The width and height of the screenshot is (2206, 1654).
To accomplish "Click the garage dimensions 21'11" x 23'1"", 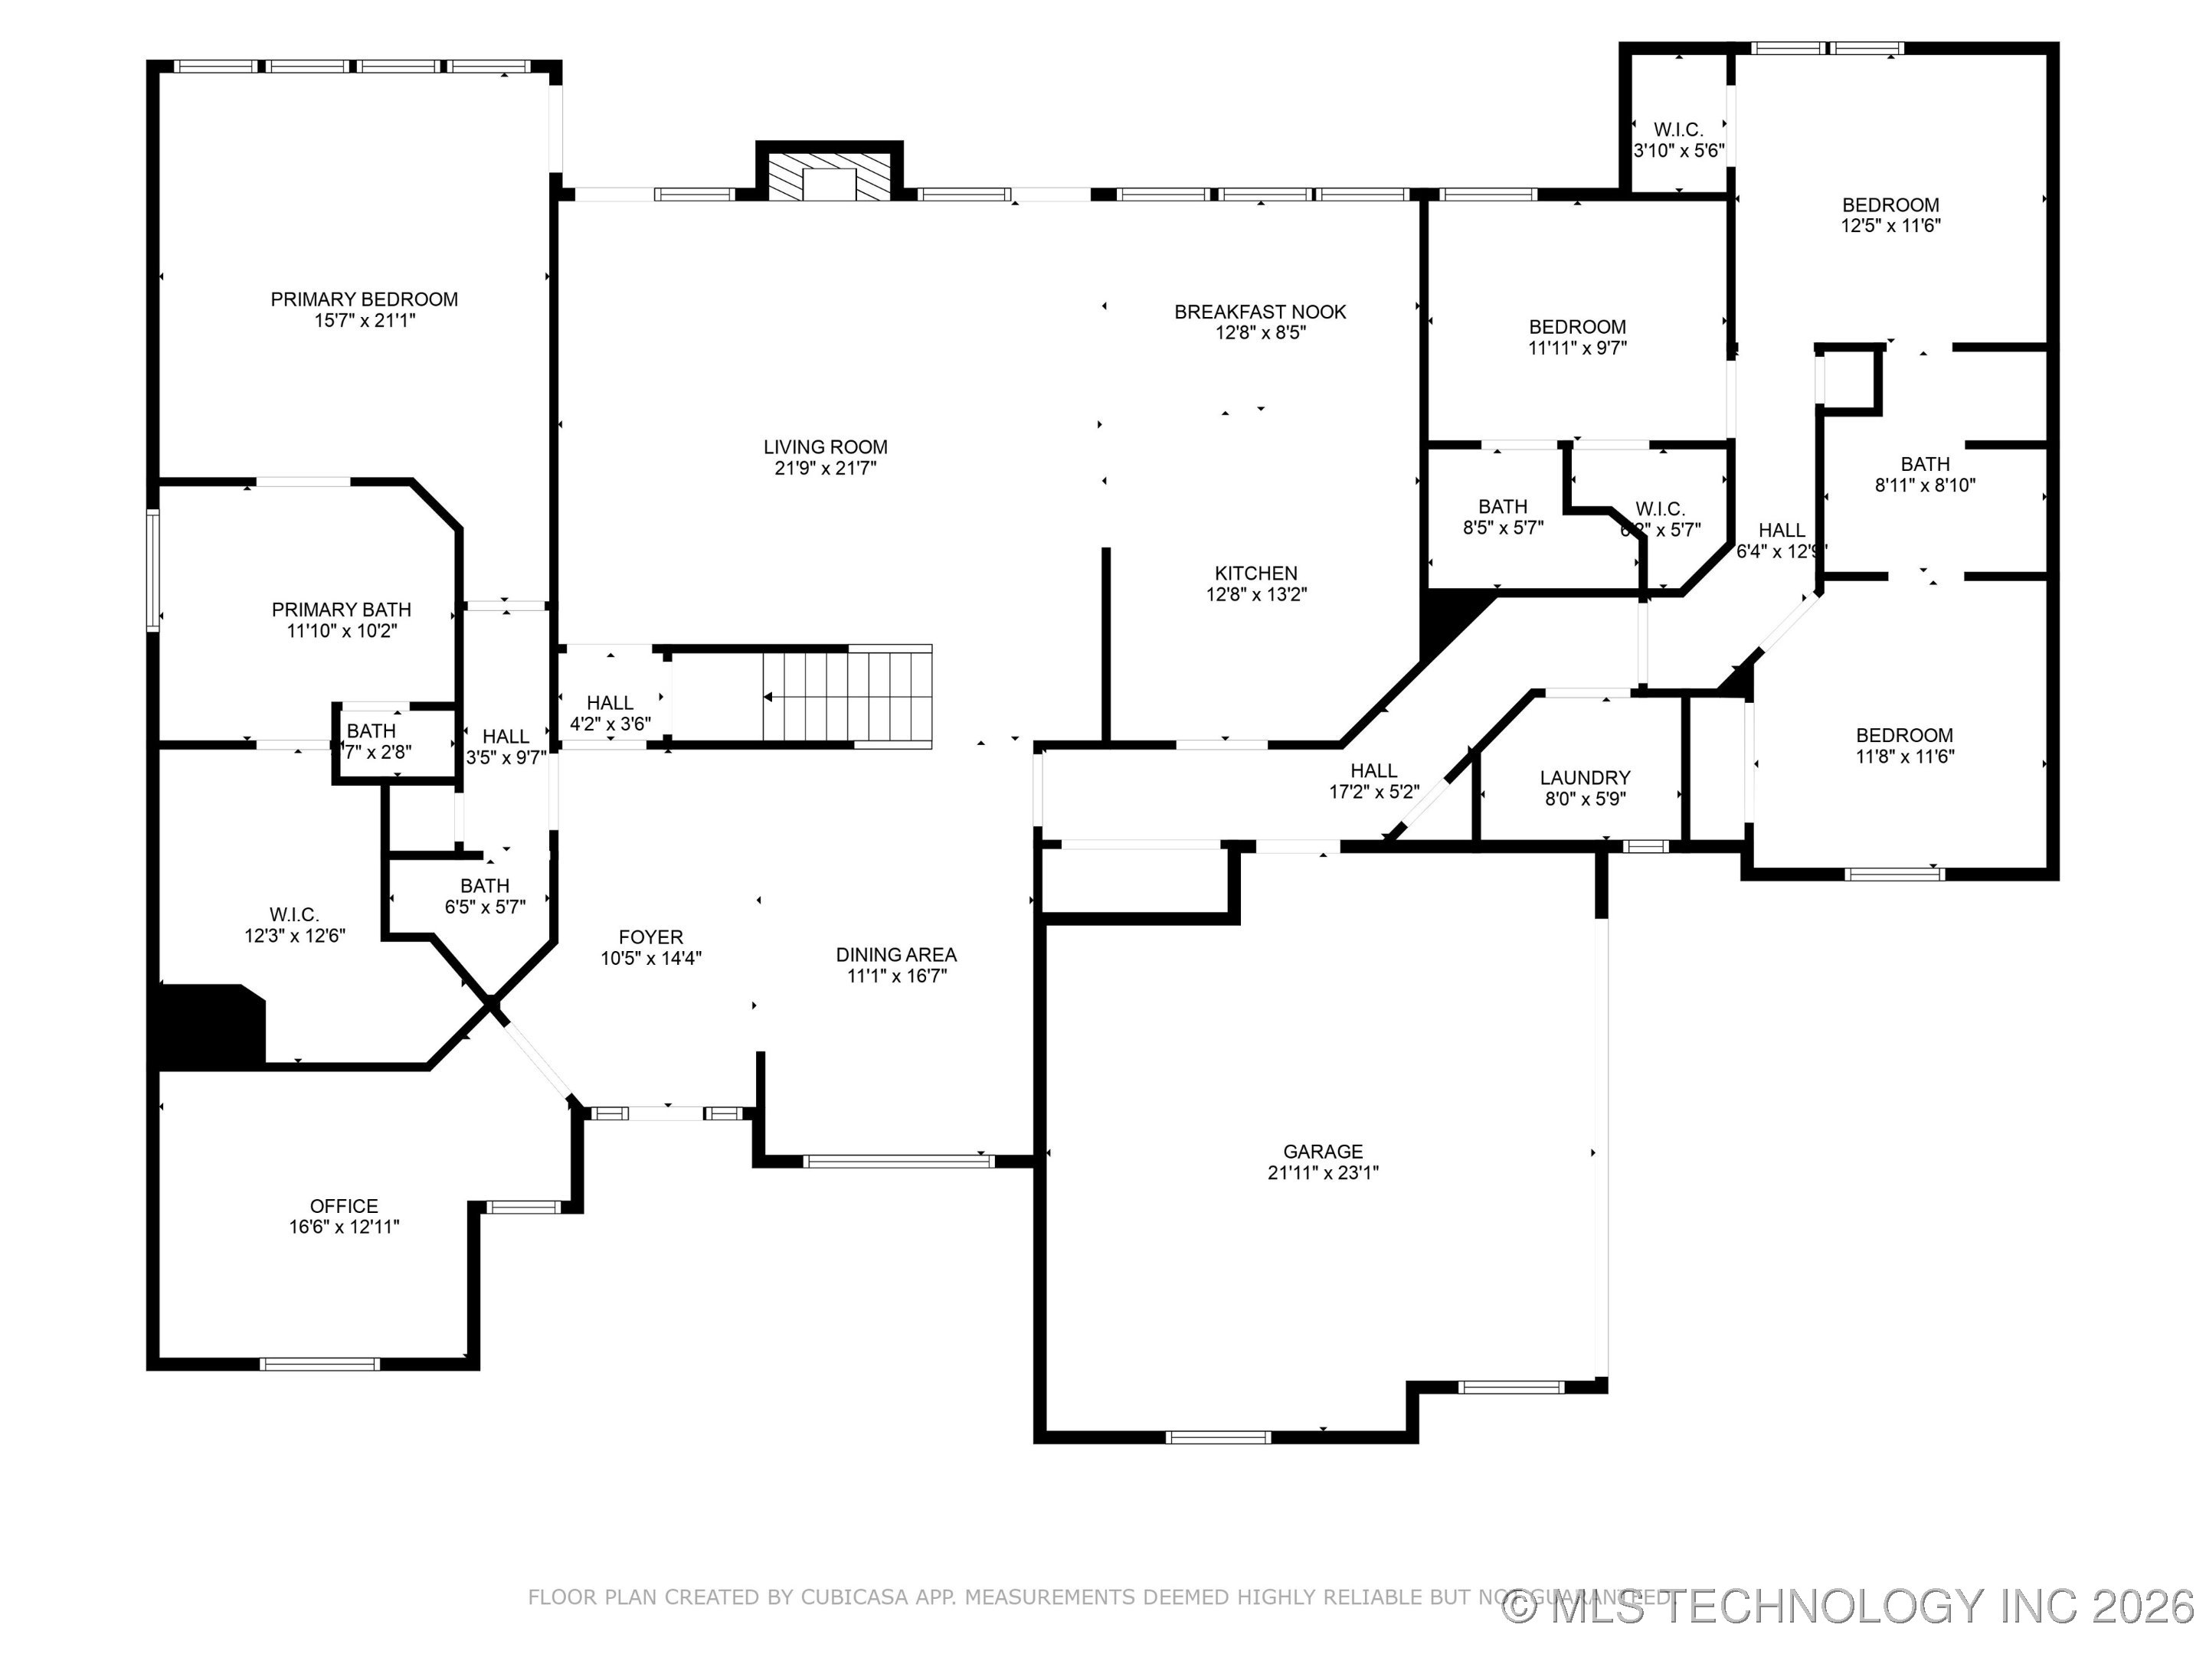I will click(1322, 1173).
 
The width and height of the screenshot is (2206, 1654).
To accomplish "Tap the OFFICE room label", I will click(344, 1206).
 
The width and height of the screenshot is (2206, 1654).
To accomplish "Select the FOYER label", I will click(650, 937).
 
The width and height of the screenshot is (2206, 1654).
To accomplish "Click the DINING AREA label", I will click(895, 955).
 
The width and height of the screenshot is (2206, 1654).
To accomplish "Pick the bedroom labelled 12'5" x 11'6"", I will click(1890, 215).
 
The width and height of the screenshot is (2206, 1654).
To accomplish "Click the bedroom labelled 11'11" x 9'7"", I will click(1576, 337).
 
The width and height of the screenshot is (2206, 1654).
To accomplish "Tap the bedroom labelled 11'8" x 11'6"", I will click(1903, 746).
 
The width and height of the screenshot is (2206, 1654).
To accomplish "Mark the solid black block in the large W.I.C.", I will click(209, 1025).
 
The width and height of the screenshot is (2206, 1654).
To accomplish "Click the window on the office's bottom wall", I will click(319, 1364).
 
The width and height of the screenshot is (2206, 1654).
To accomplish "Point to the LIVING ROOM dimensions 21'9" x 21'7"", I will click(825, 469).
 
